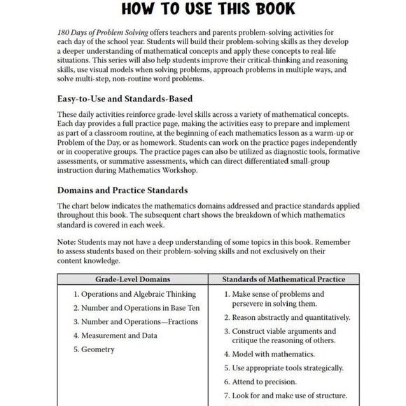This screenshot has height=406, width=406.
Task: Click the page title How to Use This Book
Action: pos(202,10)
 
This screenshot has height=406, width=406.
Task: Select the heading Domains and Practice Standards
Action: pos(122,190)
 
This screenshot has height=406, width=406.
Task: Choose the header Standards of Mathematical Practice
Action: pos(283,279)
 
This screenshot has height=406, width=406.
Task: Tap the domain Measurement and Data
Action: pos(117,335)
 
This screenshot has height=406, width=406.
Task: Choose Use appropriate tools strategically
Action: pos(287,368)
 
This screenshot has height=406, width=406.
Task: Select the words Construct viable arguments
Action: pos(269,331)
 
